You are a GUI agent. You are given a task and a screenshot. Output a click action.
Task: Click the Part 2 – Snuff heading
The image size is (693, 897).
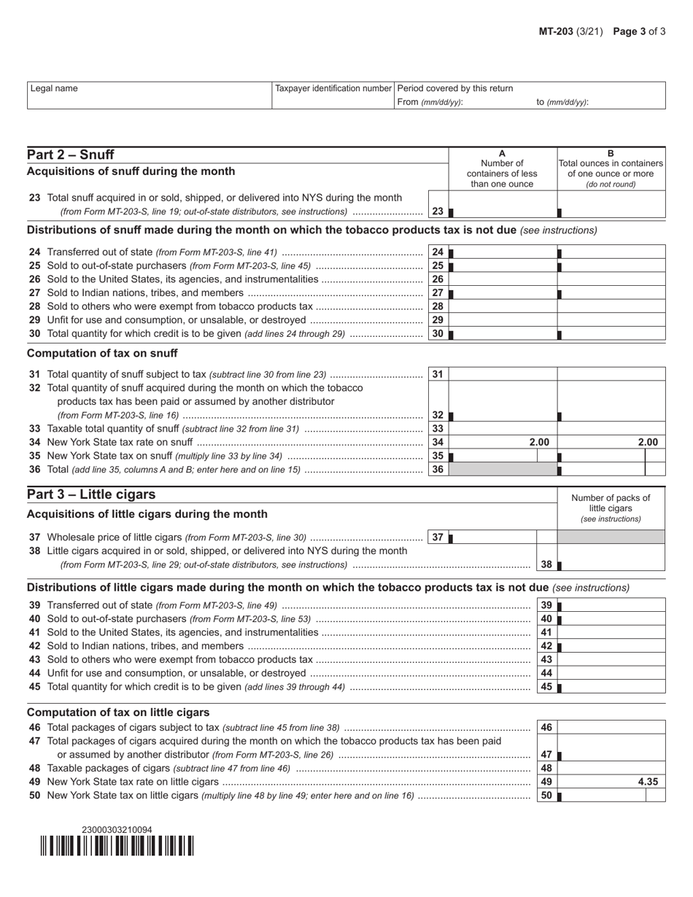click(70, 155)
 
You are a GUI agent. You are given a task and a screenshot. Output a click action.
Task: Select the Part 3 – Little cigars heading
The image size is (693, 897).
click(91, 494)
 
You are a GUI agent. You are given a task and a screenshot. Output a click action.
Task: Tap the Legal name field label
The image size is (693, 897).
click(54, 88)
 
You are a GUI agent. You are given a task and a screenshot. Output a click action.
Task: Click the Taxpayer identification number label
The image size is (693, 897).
click(333, 88)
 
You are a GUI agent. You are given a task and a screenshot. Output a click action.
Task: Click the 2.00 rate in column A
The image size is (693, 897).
click(538, 442)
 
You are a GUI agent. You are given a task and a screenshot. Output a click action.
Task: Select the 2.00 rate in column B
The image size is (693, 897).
click(647, 442)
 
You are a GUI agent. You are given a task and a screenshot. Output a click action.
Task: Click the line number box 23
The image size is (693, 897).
click(438, 211)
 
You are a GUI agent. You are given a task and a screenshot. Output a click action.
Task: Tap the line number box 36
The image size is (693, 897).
click(438, 470)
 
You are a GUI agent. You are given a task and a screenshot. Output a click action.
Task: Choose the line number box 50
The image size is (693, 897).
click(546, 796)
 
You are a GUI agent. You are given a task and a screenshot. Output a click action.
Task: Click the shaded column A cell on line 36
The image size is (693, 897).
click(503, 470)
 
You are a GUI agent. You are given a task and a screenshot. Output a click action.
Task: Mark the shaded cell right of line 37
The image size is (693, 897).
click(611, 537)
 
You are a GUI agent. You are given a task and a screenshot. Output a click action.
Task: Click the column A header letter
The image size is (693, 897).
click(502, 153)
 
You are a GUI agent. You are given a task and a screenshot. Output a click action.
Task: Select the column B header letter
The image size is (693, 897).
click(611, 153)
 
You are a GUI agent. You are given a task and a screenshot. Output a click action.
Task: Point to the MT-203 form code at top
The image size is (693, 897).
click(555, 31)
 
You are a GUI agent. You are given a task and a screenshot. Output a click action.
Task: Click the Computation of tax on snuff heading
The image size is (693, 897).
click(102, 353)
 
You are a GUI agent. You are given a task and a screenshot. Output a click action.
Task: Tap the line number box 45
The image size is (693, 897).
click(546, 687)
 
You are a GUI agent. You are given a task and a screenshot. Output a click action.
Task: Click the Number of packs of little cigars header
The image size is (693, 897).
click(611, 508)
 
